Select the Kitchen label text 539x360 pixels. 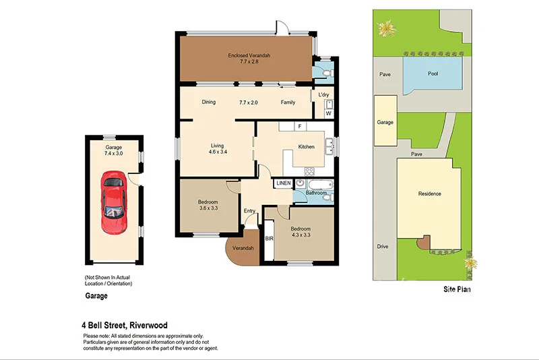click(x=307, y=146)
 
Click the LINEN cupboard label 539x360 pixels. click(x=283, y=183)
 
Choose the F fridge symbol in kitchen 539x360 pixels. click(x=298, y=126)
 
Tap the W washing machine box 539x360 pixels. click(x=328, y=113)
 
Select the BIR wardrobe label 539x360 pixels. click(x=269, y=239)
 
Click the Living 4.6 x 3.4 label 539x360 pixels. click(x=217, y=148)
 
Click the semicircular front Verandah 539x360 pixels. click(x=243, y=248)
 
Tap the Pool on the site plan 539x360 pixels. click(x=432, y=74)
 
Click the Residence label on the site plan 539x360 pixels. click(x=429, y=194)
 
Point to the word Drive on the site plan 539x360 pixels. click(x=383, y=247)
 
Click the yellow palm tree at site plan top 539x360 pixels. click(x=386, y=28)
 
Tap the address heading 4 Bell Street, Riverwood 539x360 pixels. click(x=126, y=324)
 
